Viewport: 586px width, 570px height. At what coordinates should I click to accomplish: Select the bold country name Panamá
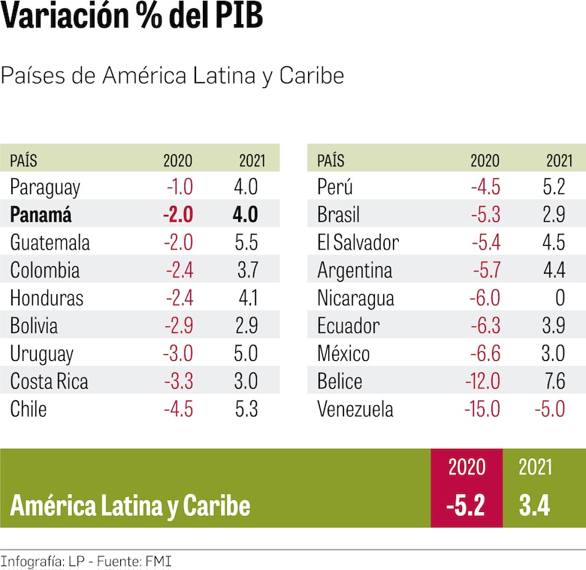pyautogui.click(x=41, y=214)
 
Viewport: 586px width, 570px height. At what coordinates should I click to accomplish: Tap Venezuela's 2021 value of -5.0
pyautogui.click(x=549, y=410)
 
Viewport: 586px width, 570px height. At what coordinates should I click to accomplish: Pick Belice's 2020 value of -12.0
pyautogui.click(x=482, y=381)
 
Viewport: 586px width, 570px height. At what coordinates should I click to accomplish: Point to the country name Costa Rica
pyautogui.click(x=49, y=381)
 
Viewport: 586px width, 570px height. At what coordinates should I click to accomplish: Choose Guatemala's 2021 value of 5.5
pyautogui.click(x=246, y=242)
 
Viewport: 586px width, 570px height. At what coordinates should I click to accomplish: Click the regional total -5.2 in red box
pyautogui.click(x=465, y=505)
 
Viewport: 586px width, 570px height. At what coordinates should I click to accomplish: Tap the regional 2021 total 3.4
pyautogui.click(x=534, y=505)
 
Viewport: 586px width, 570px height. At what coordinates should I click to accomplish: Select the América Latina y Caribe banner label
pyautogui.click(x=130, y=505)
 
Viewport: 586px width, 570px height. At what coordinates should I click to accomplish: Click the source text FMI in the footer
pyautogui.click(x=157, y=561)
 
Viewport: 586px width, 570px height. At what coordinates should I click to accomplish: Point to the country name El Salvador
pyautogui.click(x=358, y=242)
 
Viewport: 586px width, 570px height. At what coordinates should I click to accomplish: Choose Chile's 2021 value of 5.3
pyautogui.click(x=246, y=409)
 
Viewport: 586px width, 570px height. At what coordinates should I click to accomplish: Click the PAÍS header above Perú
pyautogui.click(x=331, y=160)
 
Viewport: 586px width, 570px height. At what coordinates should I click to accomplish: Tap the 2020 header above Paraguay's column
pyautogui.click(x=178, y=160)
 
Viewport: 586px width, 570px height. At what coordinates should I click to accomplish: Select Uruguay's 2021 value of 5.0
pyautogui.click(x=246, y=353)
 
